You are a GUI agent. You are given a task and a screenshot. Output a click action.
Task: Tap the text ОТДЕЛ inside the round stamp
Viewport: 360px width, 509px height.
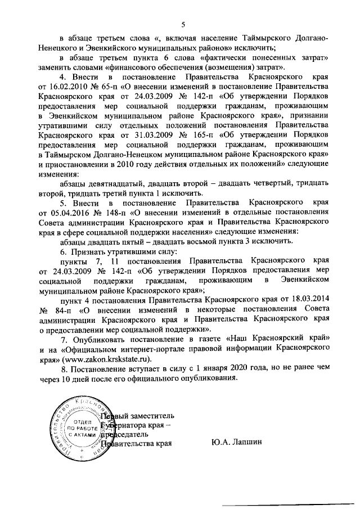coord(84,421)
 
